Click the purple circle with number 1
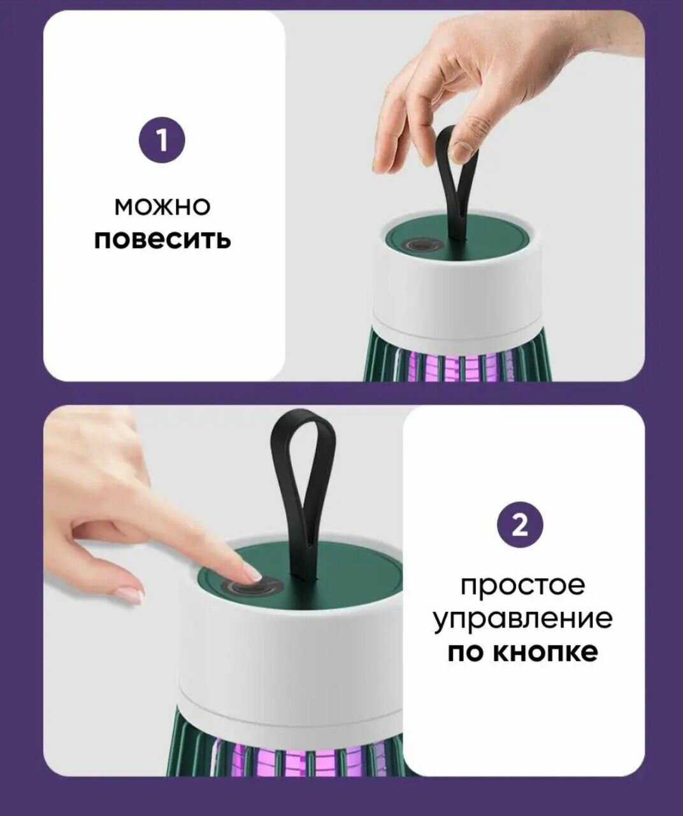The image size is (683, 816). (x=162, y=140)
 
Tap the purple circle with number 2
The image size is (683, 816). (x=520, y=525)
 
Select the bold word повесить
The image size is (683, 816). (x=162, y=239)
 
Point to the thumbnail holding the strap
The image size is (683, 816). (x=461, y=150)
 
